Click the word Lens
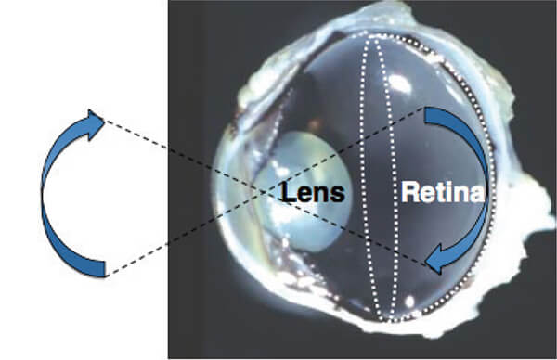pos(313,193)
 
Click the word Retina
pos(443,192)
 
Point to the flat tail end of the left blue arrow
pos(105,269)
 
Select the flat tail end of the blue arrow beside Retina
pos(425,115)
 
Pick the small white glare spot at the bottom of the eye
pos(410,302)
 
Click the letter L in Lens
pos(288,193)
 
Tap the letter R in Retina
pos(409,192)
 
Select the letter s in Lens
pos(338,196)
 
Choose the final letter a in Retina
pos(477,196)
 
